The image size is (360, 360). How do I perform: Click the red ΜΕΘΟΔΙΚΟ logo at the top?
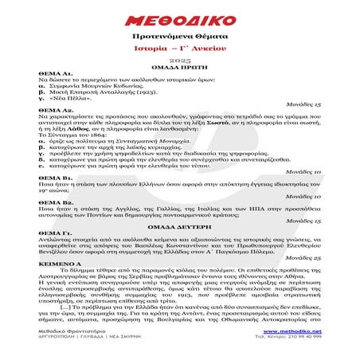click(179, 18)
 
